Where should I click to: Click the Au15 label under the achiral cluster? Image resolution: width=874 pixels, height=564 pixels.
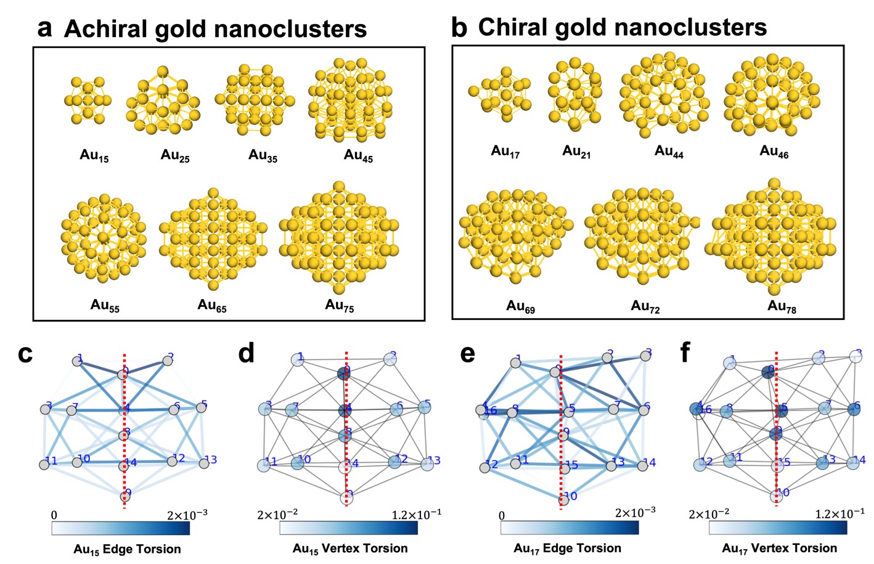(94, 156)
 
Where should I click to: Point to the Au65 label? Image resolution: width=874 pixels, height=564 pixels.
(211, 306)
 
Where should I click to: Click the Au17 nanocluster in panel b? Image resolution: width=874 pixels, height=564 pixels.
(500, 96)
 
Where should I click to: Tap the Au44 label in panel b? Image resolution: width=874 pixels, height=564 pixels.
(669, 152)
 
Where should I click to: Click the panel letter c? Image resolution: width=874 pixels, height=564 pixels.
(25, 354)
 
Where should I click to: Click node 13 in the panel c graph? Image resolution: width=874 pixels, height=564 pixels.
(203, 463)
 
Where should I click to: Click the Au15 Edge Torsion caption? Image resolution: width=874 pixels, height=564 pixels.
(127, 549)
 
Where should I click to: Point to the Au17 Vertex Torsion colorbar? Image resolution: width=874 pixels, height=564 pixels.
(778, 528)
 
